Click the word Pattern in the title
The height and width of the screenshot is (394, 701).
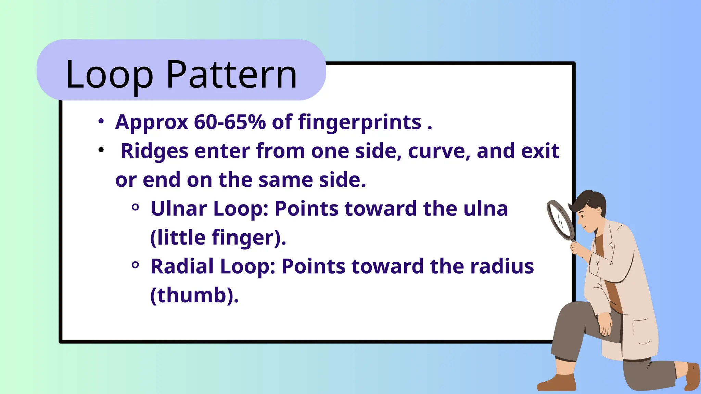point(232,75)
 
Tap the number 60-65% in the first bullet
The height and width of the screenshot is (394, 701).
point(230,122)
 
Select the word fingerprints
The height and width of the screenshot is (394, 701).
point(359,122)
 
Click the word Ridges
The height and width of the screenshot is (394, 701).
point(155,151)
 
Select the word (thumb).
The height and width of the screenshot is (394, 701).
point(194,295)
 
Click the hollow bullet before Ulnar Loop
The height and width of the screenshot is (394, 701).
point(135,207)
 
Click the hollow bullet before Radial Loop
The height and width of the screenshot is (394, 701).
point(135,265)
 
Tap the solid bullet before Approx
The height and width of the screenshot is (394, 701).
point(101,121)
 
